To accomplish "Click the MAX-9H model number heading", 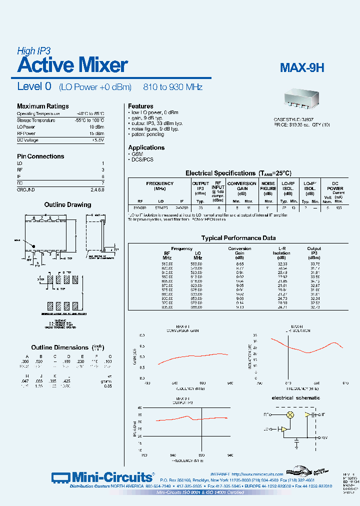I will click(301, 67).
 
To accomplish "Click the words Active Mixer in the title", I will click(72, 65).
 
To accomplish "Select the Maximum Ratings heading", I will click(42, 106).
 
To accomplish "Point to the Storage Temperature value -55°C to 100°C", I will click(89, 120).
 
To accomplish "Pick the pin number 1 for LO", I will click(102, 163).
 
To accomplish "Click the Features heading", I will click(140, 106).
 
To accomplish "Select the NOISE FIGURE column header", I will click(268, 186).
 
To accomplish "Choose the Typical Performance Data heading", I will click(238, 238).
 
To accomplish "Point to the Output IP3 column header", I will click(314, 251).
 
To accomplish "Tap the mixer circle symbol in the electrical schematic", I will click(289, 415).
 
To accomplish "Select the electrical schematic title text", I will click(295, 398).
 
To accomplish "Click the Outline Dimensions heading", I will click(59, 347).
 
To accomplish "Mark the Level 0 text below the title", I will click(34, 86).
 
